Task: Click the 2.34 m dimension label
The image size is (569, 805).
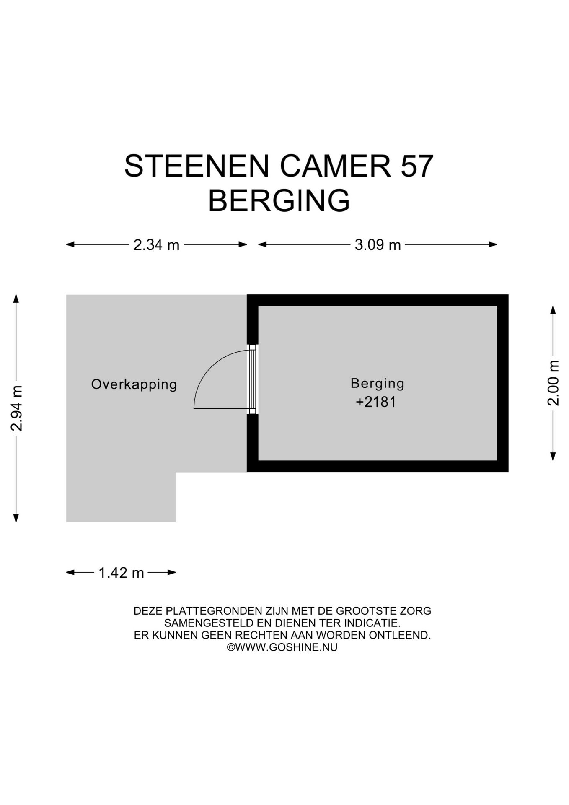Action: point(156,245)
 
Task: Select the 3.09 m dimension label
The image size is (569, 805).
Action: point(378,245)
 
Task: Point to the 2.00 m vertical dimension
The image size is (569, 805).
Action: point(553,383)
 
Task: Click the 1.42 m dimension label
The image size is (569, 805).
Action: point(121,573)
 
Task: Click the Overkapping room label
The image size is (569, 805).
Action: point(134,384)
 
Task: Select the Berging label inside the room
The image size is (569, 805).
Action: point(377,383)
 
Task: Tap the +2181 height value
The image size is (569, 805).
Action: point(376,402)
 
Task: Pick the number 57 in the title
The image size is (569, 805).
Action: point(416,166)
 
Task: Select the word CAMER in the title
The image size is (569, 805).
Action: point(335,166)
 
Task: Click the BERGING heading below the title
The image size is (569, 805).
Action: point(279,200)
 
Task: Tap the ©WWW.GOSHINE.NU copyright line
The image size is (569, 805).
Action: point(282,647)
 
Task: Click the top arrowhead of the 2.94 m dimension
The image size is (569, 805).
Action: point(16,298)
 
